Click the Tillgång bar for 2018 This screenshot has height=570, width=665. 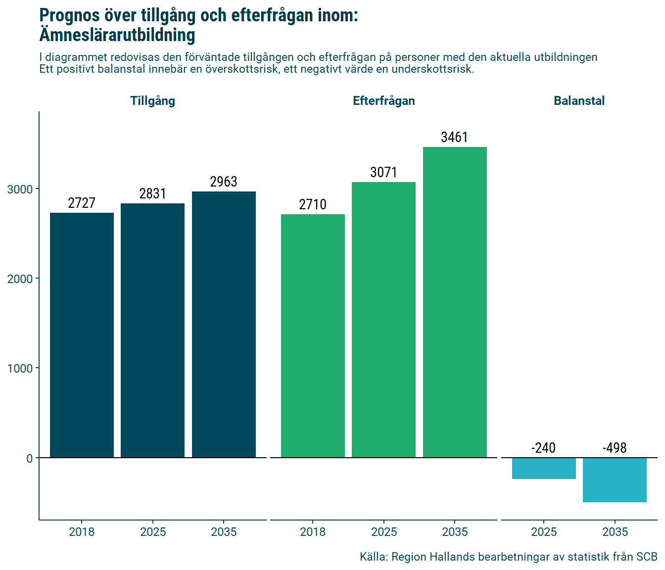tap(82, 335)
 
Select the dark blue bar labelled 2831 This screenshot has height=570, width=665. tap(152, 330)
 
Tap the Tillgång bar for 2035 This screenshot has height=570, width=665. tap(224, 324)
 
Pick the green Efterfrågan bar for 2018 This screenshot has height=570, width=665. tap(313, 335)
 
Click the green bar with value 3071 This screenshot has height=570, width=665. tap(383, 320)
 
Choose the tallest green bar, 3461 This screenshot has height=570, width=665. tap(455, 302)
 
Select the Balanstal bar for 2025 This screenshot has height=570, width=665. tap(544, 468)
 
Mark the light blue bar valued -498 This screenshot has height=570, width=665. tap(615, 480)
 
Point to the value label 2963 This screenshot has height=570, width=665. tap(224, 182)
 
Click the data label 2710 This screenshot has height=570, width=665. tap(313, 204)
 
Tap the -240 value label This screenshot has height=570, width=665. tap(543, 448)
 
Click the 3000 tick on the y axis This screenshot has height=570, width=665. tap(20, 190)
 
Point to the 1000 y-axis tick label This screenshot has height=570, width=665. tap(20, 369)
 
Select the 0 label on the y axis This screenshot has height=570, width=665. tap(30, 459)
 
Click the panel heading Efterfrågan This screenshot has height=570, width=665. tap(383, 101)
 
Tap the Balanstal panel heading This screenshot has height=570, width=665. tap(579, 101)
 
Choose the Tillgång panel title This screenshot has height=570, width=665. tap(152, 101)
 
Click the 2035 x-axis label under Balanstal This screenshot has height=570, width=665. tap(615, 532)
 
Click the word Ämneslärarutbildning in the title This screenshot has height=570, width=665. tap(117, 35)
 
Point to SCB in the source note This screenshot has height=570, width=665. tap(646, 557)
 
